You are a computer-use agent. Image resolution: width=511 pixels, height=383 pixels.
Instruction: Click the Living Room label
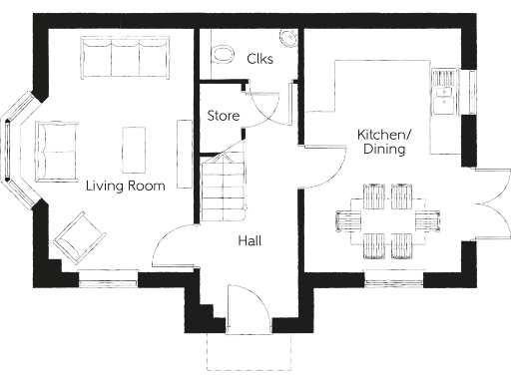click(x=125, y=186)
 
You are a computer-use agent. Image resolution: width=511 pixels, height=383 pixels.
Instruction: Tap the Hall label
click(x=250, y=240)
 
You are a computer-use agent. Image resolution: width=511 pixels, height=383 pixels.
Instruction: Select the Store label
click(x=223, y=116)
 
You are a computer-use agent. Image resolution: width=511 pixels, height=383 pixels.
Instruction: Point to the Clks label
click(x=260, y=58)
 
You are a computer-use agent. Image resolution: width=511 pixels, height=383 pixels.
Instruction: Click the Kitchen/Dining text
click(x=383, y=142)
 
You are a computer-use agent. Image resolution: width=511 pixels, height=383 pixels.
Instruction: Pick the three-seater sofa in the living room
click(x=124, y=58)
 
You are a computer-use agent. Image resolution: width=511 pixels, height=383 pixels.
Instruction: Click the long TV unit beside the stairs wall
click(x=184, y=154)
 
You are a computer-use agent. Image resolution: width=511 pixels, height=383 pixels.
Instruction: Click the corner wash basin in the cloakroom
click(x=289, y=39)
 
